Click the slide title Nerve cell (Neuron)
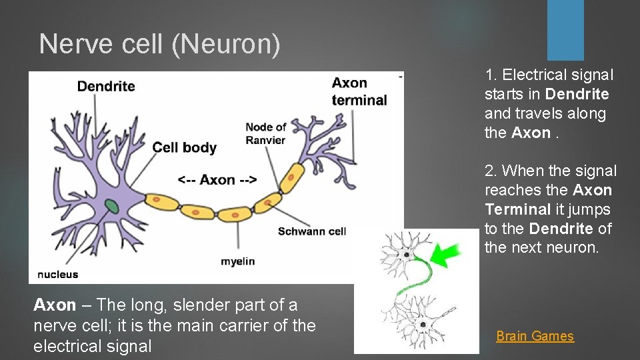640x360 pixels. click(x=160, y=44)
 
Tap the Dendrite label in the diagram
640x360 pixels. click(x=106, y=86)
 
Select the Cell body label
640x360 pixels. click(x=185, y=147)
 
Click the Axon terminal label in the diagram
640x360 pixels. click(x=359, y=91)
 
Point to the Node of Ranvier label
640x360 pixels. click(x=265, y=133)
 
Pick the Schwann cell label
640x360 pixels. click(x=311, y=231)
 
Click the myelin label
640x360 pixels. click(x=237, y=261)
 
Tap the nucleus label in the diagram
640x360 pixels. click(x=57, y=274)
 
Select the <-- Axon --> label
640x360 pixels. click(x=217, y=179)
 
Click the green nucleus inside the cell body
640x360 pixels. click(x=113, y=207)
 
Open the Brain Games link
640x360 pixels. click(x=535, y=336)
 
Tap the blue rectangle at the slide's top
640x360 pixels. click(x=565, y=30)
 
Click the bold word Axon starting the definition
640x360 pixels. click(x=55, y=305)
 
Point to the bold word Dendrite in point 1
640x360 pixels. click(x=577, y=94)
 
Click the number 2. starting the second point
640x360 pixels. click(x=491, y=171)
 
